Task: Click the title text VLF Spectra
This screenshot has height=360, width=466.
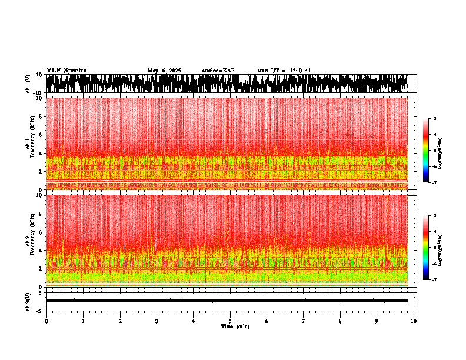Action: pyautogui.click(x=66, y=71)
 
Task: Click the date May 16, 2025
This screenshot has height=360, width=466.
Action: pyautogui.click(x=164, y=71)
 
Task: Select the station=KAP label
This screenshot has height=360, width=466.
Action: pyautogui.click(x=218, y=71)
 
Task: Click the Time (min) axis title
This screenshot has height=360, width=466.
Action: pyautogui.click(x=235, y=326)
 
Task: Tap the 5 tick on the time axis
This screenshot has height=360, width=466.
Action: pyautogui.click(x=230, y=321)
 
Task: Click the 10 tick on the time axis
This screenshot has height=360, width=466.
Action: pyautogui.click(x=414, y=321)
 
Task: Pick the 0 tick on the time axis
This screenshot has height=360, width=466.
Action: pyautogui.click(x=46, y=321)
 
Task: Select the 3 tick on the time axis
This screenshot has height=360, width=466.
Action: pyautogui.click(x=157, y=321)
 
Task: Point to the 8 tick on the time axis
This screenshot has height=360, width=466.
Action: pyautogui.click(x=340, y=321)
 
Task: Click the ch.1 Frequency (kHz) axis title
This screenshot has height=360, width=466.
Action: pyautogui.click(x=29, y=142)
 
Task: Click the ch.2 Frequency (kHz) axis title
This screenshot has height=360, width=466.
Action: pyautogui.click(x=29, y=239)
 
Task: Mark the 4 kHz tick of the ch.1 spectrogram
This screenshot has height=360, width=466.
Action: pyautogui.click(x=41, y=154)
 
